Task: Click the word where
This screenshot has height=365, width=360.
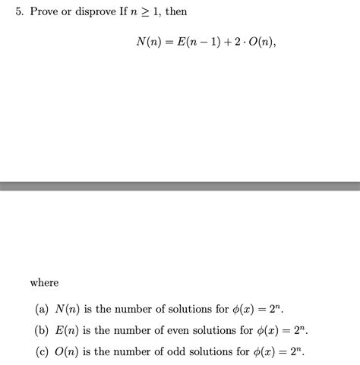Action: (44, 283)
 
